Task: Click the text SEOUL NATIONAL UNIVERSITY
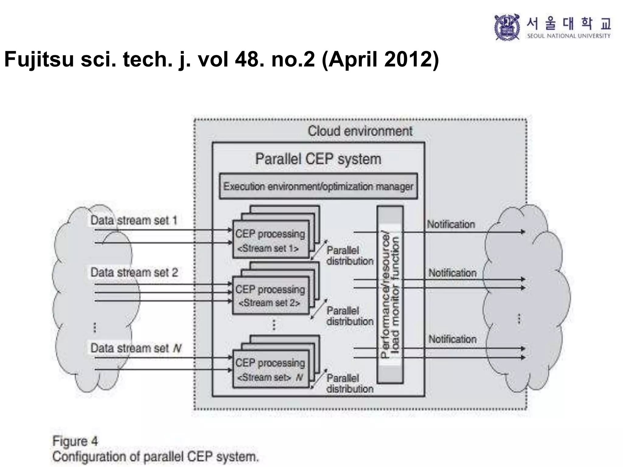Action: (569, 36)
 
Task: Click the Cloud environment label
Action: (360, 131)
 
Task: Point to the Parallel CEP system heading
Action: (318, 159)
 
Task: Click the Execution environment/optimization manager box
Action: (318, 186)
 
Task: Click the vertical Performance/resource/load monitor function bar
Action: (390, 294)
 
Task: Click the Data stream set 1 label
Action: (134, 220)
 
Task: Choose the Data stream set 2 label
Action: (134, 272)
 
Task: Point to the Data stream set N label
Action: (136, 348)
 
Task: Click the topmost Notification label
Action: (451, 224)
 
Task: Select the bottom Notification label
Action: (452, 339)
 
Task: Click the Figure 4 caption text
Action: (75, 441)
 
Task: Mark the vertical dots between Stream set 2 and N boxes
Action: (274, 325)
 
